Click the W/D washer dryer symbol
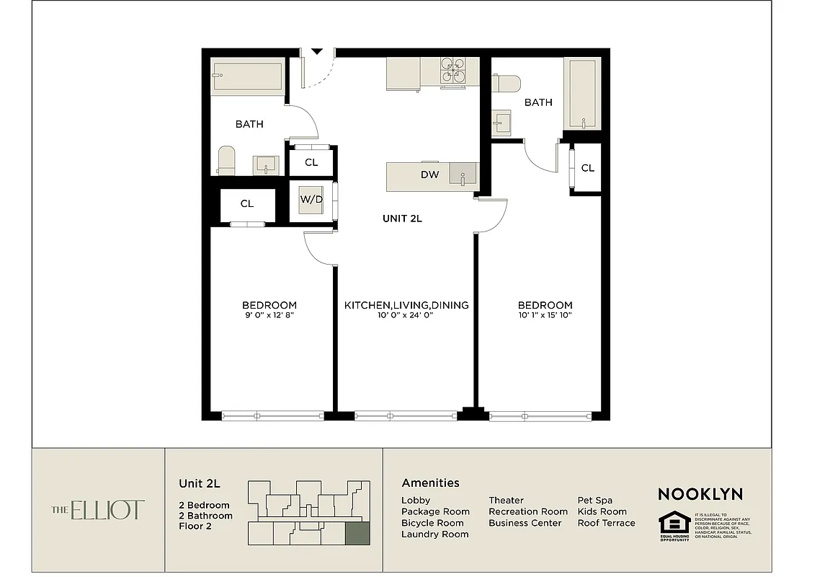[x=311, y=201]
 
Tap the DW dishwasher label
[x=429, y=175]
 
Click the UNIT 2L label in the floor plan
[x=401, y=219]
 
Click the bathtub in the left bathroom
[x=246, y=78]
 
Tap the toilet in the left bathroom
[x=226, y=160]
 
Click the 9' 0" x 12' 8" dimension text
[x=269, y=315]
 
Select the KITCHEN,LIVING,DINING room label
[x=406, y=305]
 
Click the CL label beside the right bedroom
[x=587, y=168]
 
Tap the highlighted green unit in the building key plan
[x=357, y=534]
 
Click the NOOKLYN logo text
[x=700, y=494]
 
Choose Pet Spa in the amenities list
[x=594, y=500]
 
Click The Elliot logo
[x=98, y=510]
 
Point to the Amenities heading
[x=430, y=483]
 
